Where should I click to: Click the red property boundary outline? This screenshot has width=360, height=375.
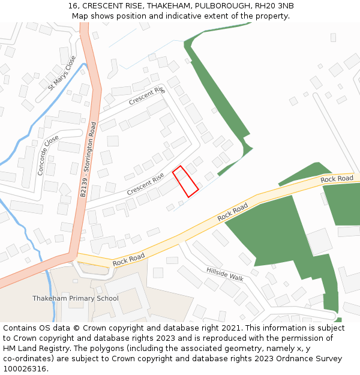click(x=185, y=181)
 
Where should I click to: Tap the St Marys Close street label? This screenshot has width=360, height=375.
click(x=62, y=73)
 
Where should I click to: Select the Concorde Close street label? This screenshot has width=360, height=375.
click(x=48, y=155)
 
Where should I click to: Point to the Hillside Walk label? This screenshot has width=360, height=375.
click(x=225, y=274)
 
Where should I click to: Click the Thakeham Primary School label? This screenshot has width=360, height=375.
click(x=76, y=298)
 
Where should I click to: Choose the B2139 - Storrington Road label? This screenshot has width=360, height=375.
click(x=88, y=160)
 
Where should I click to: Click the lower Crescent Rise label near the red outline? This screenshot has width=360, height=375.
click(x=145, y=184)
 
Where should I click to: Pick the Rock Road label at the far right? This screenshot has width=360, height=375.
click(x=337, y=179)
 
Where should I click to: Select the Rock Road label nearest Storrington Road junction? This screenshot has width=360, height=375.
click(x=129, y=258)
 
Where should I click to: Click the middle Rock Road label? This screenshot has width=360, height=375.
click(x=233, y=212)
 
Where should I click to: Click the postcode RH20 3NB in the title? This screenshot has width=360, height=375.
click(x=274, y=6)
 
